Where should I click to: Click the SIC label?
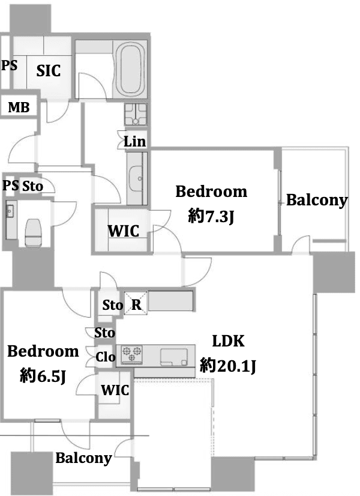point(49,70)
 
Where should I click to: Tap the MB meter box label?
point(19,107)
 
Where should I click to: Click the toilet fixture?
point(33,232)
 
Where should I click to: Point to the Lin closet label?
point(134,142)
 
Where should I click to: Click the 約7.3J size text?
point(211,217)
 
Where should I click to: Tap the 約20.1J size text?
point(227,366)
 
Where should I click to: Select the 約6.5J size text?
point(43,376)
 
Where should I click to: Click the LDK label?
point(228,341)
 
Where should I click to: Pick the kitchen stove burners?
point(132,354)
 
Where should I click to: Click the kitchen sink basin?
point(173,357)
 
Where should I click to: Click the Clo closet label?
point(105,357)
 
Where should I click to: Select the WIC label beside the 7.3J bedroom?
point(123,231)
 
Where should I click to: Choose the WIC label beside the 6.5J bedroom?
point(115,390)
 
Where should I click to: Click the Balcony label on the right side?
point(317,201)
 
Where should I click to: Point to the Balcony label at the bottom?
point(84,458)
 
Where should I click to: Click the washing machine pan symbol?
point(136,114)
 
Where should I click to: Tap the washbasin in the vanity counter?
point(137,179)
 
